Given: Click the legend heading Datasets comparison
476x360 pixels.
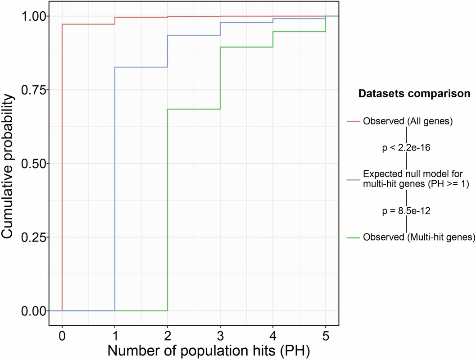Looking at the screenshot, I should tap(414, 94).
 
